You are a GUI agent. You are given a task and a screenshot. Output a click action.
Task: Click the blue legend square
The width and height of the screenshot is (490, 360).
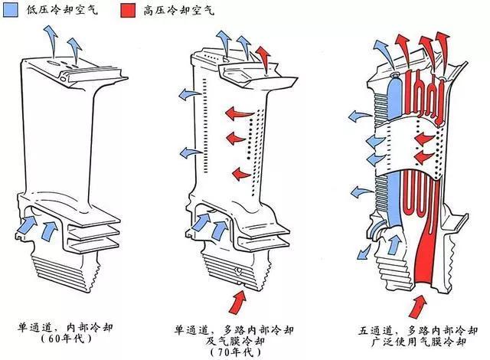coord(10,10)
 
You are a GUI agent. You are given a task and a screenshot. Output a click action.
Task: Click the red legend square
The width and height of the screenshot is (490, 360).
coord(128,10)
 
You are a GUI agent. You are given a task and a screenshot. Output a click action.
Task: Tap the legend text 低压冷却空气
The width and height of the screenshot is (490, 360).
coord(62,10)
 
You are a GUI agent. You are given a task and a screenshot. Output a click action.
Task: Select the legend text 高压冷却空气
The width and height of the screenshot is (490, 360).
coord(179,10)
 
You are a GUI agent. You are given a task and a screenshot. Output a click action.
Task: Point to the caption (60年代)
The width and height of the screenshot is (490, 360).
coord(67,339)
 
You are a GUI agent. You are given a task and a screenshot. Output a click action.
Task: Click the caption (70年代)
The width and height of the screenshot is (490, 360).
coord(236,352)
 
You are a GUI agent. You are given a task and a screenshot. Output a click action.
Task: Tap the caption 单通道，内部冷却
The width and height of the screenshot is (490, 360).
coord(65,328)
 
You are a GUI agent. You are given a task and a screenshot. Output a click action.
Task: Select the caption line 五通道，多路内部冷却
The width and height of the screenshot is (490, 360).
coord(418,330)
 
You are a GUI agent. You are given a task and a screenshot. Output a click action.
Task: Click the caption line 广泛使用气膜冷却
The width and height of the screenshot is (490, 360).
coord(419,342)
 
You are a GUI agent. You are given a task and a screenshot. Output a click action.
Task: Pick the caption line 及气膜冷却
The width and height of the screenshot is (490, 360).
coord(235,341)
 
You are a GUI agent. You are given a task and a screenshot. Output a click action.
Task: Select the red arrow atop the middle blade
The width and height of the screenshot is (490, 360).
coord(264,60)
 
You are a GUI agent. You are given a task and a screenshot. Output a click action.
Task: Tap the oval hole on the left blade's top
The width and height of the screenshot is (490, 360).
coord(53,63)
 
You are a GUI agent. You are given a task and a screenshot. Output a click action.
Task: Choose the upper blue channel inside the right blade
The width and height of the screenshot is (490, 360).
coord(394,99)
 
